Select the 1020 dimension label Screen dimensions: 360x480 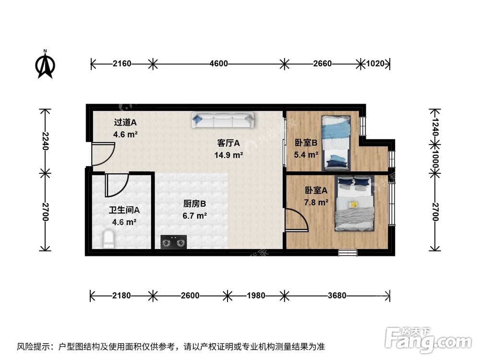[x=376, y=63]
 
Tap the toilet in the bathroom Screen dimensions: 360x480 [x=109, y=239]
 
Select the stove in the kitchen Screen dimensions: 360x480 [x=173, y=242]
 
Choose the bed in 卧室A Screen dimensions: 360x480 [x=355, y=204]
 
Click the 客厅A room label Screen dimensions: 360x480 [x=228, y=143]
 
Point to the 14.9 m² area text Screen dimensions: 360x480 [x=228, y=155]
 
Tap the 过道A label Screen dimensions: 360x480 [x=125, y=122]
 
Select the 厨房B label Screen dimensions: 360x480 [x=194, y=204]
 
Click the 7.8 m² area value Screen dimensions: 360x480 [x=316, y=202]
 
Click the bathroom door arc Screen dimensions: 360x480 [x=117, y=185]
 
